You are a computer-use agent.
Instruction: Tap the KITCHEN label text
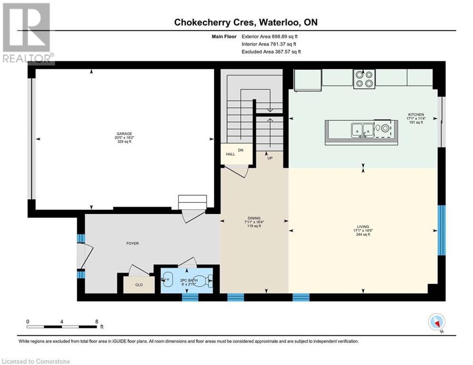[415, 115]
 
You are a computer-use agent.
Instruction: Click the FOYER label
[132, 243]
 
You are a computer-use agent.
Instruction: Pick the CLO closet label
[138, 286]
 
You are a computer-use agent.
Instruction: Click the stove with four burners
[364, 78]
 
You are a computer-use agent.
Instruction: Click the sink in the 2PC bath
[167, 280]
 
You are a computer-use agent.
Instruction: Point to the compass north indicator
[436, 323]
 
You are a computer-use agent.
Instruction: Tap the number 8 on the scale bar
[97, 321]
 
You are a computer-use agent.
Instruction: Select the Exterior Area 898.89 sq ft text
[271, 36]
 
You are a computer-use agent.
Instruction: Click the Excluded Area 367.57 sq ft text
[271, 52]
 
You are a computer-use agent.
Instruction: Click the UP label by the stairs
[270, 158]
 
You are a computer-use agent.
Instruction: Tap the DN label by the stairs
[241, 150]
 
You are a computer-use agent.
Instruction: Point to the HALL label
[230, 154]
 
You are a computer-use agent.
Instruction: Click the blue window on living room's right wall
[442, 230]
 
